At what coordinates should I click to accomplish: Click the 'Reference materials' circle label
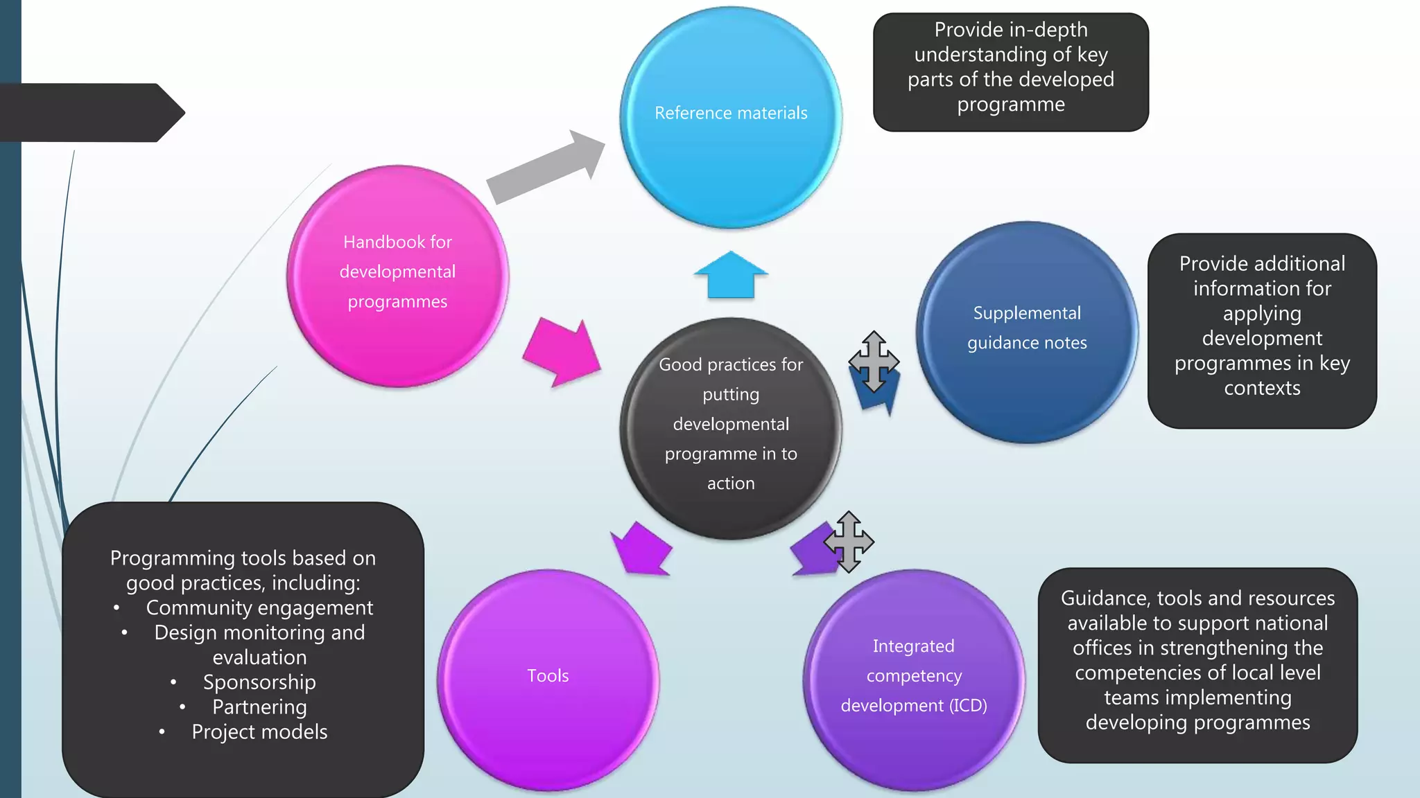click(x=731, y=113)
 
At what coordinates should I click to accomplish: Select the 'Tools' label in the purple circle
click(x=548, y=675)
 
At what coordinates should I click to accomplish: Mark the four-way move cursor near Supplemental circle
click(x=874, y=362)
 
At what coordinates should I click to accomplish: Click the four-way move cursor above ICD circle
click(x=849, y=542)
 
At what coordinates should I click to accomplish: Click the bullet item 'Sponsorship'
click(x=259, y=682)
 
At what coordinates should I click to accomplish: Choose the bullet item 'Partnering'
click(x=259, y=707)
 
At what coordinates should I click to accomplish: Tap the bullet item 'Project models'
click(x=259, y=732)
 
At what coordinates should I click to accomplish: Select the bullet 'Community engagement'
click(x=259, y=608)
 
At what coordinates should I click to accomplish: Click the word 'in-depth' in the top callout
click(x=1045, y=30)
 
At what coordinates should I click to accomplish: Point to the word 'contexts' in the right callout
click(x=1262, y=388)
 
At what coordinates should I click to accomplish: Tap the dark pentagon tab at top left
click(x=90, y=113)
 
